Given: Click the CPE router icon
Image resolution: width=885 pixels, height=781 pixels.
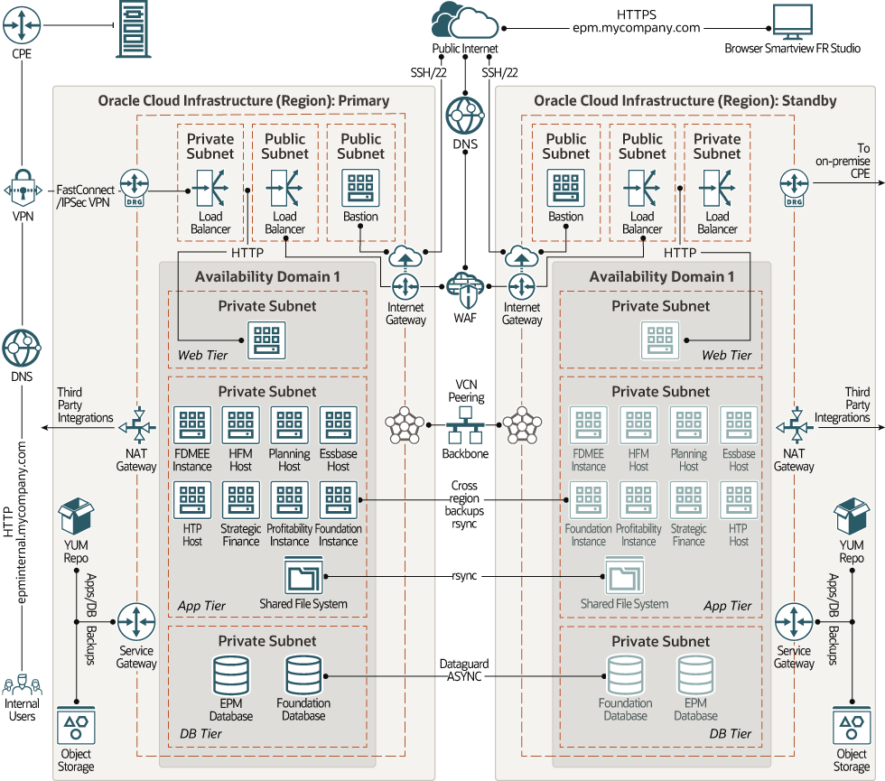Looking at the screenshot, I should pos(21,26).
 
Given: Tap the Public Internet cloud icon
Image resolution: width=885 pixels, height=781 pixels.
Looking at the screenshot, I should pos(464,23).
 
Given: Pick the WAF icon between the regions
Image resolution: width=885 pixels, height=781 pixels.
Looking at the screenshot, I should pos(464,288).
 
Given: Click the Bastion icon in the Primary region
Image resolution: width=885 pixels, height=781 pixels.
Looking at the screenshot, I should pos(360,189).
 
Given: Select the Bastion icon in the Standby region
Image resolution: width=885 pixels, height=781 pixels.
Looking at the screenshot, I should pos(565,189).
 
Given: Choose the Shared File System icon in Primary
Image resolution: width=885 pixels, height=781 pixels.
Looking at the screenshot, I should pos(303,575).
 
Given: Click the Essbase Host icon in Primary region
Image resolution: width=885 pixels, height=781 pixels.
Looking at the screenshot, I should pos(338,425).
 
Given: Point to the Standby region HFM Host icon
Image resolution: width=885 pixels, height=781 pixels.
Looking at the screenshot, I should pos(638,425).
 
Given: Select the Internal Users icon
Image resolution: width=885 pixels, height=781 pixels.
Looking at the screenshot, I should pos(22,688).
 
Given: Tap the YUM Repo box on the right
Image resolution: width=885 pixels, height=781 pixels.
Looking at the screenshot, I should pos(851,518).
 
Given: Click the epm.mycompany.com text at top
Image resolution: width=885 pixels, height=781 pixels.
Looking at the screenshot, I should pos(636,28).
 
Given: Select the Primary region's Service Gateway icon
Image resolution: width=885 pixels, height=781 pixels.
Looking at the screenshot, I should pos(136,622).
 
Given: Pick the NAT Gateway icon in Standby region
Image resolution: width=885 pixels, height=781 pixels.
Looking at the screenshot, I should pos(794,423).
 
